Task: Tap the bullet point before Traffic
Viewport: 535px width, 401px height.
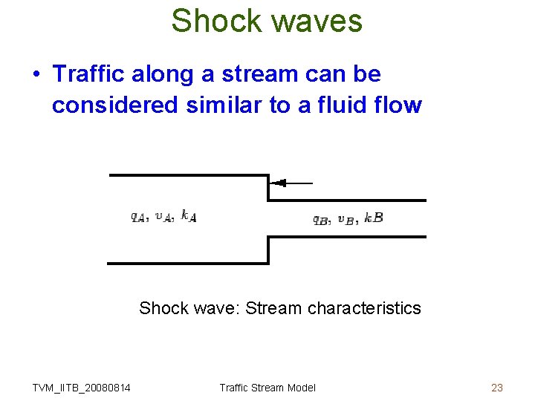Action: coord(36,75)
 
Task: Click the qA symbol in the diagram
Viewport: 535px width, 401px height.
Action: coord(138,218)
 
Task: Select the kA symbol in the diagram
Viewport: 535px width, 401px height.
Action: coord(189,217)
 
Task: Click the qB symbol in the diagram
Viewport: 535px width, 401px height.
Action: coord(320,219)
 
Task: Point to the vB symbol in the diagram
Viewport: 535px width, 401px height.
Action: coord(346,219)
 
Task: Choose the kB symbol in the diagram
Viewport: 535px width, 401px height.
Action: coord(374,218)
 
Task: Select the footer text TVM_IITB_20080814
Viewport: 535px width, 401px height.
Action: coord(82,388)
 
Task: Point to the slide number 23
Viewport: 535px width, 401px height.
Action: coord(497,388)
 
